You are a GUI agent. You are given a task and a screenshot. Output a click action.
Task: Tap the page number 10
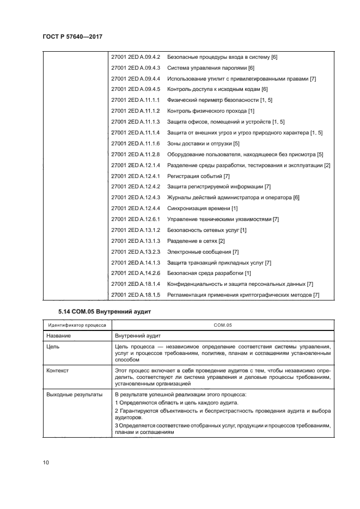pos(46,463)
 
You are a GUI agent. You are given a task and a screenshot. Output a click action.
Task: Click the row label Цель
pos(52,346)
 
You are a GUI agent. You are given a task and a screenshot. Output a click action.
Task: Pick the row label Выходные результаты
pos(74,394)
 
